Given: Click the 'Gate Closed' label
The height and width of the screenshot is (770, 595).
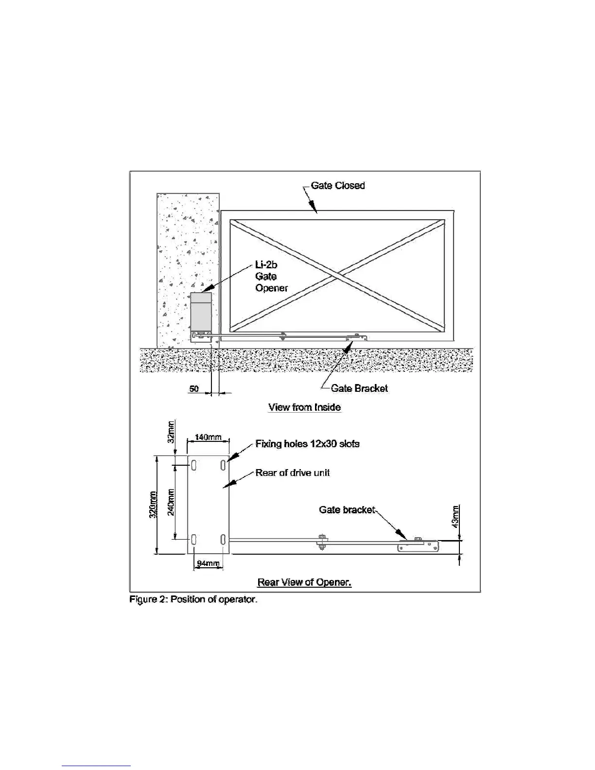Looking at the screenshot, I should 337,185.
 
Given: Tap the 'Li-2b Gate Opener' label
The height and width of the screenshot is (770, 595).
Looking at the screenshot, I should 271,276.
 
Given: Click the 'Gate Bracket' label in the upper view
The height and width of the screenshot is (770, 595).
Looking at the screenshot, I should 359,388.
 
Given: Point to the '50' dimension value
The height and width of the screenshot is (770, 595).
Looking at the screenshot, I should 194,389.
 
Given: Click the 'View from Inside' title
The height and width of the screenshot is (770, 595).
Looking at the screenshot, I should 304,407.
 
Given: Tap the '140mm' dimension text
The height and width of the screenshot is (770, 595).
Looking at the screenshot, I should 208,437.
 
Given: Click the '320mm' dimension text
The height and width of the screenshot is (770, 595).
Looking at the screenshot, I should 153,505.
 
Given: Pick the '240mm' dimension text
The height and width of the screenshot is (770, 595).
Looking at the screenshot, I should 171,503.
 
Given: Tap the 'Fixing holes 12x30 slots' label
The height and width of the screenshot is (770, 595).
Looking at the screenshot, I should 307,444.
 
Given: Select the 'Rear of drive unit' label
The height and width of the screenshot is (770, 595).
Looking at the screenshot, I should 293,472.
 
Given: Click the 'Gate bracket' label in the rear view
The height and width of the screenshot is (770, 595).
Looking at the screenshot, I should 347,509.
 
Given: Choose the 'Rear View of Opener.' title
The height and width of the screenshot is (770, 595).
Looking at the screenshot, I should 304,582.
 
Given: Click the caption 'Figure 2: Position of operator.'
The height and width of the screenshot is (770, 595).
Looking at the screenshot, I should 193,599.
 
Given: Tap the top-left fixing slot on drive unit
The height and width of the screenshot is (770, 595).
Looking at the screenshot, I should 194,466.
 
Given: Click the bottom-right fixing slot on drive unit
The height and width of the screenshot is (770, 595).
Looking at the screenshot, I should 223,539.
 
